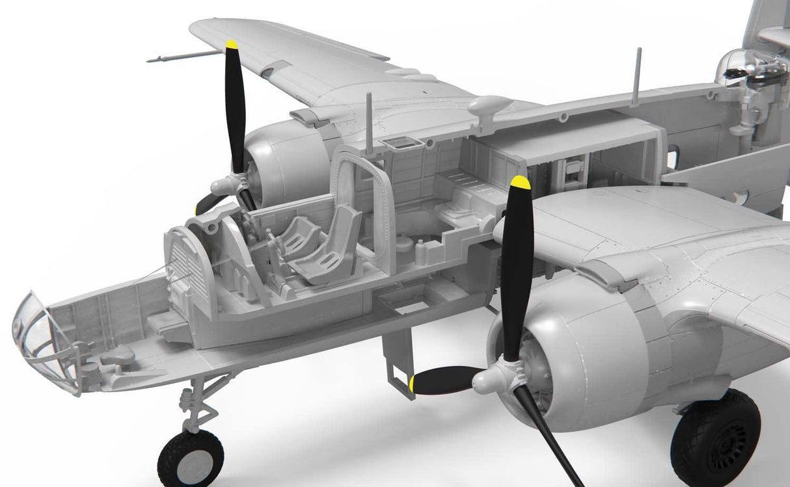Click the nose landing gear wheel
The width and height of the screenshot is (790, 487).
tap(190, 457)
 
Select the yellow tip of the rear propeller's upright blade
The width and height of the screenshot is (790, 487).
tap(231, 45)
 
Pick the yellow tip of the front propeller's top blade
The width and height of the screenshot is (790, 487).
tap(520, 182)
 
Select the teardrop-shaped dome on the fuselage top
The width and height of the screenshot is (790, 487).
tap(489, 104)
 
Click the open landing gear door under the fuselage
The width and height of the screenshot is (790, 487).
tap(398, 361)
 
